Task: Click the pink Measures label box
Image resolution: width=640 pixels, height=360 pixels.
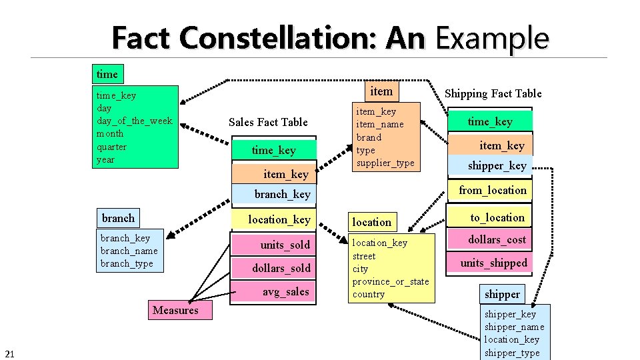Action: click(x=175, y=310)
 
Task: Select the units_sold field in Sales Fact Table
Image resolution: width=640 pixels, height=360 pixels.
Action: click(x=285, y=245)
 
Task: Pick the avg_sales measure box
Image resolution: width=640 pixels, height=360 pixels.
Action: click(x=285, y=291)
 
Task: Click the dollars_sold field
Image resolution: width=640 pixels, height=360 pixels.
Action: click(x=281, y=268)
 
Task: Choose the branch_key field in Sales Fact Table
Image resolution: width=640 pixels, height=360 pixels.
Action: click(x=282, y=194)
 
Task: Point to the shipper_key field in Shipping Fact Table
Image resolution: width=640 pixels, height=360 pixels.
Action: click(x=497, y=165)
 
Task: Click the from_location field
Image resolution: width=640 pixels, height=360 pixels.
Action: click(x=492, y=190)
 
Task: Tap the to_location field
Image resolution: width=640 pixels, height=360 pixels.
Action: click(x=497, y=217)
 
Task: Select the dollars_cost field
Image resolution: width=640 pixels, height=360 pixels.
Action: click(x=497, y=239)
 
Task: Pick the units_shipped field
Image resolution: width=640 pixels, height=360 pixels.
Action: click(x=493, y=263)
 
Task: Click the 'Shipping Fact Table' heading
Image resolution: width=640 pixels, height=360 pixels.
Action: click(x=493, y=93)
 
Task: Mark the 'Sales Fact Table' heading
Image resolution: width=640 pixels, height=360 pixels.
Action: click(x=268, y=122)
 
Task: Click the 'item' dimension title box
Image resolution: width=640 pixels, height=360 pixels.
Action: click(x=381, y=91)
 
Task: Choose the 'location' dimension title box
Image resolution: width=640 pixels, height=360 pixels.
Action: click(x=372, y=222)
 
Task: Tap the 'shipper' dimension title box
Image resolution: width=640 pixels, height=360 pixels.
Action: click(x=502, y=294)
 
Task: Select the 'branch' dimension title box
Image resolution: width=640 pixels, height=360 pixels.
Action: click(x=118, y=218)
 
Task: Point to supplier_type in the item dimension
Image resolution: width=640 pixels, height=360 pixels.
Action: click(x=385, y=163)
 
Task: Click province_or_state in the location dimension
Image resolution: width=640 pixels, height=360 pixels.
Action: click(x=390, y=281)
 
